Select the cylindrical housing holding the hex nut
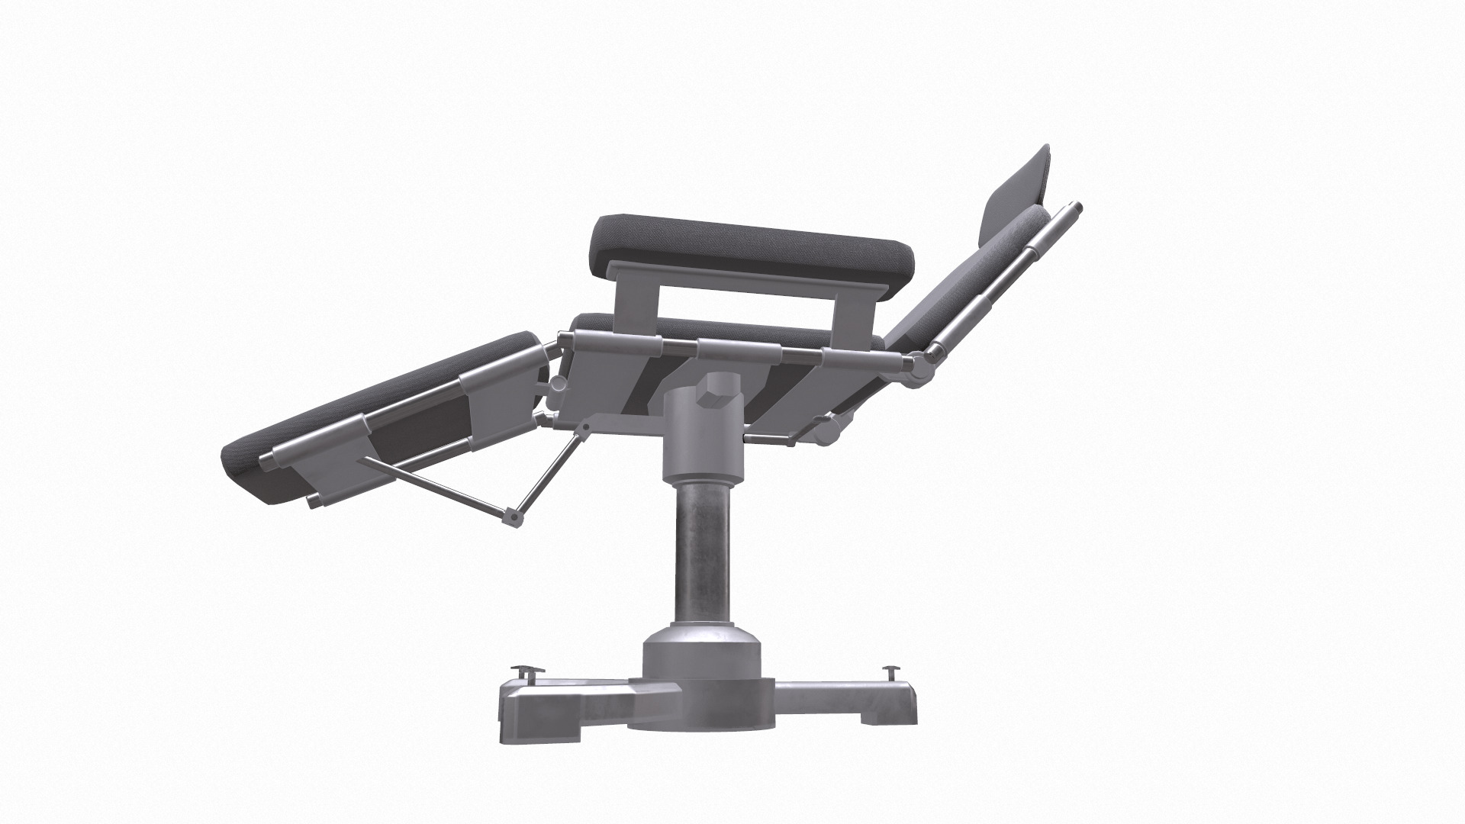[x=702, y=435]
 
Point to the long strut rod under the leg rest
[x=435, y=488]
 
